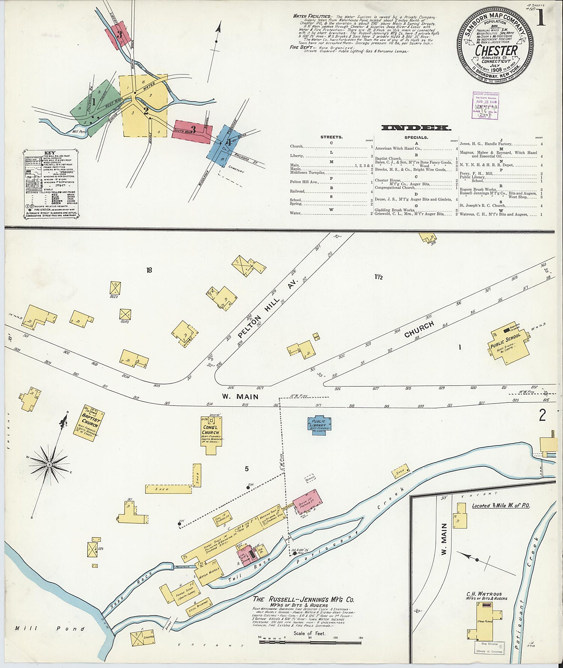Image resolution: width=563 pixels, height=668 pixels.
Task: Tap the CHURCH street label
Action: (x=419, y=329)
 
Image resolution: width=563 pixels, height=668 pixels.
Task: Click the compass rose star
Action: (x=49, y=465)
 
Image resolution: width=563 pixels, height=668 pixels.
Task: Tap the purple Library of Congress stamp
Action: (x=485, y=106)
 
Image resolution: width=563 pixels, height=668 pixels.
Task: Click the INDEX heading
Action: (x=416, y=128)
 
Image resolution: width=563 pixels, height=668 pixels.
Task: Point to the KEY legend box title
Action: (x=50, y=153)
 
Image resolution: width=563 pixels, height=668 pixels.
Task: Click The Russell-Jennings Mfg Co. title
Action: (x=303, y=600)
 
